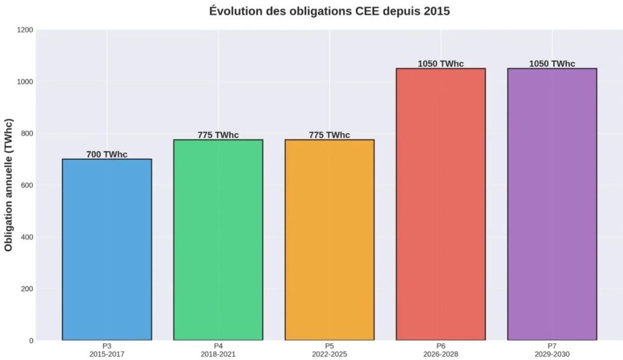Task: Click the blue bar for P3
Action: coord(106,249)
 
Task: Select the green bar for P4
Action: coord(218,240)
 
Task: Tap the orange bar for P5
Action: coord(329,240)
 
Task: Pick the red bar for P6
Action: coord(440,204)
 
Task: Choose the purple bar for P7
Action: coord(552,204)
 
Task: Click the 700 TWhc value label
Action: coord(106,154)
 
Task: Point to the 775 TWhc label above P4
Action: coord(218,135)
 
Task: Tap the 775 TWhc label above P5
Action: coord(329,135)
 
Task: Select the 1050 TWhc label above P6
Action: coord(440,64)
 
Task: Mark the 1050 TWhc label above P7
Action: coord(552,64)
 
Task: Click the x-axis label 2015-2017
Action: coord(106,354)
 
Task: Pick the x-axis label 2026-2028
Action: coord(440,354)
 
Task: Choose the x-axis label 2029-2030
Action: coord(552,354)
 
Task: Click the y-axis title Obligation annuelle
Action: coord(9,193)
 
